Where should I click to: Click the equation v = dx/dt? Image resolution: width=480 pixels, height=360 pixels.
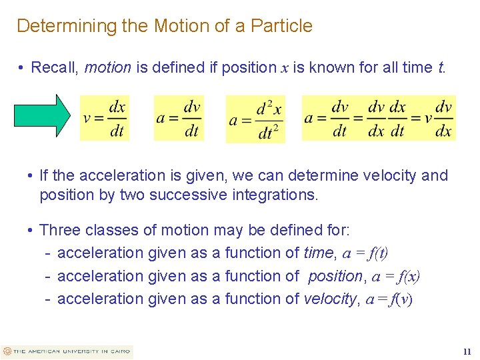click(105, 118)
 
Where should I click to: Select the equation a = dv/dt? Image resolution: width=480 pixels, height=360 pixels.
click(178, 118)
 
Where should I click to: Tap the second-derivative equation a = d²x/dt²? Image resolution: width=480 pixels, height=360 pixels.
click(255, 119)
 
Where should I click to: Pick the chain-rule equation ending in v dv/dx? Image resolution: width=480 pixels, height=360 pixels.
click(378, 118)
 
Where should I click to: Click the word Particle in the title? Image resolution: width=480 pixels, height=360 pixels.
click(279, 26)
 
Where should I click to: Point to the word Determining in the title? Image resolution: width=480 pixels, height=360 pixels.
click(58, 26)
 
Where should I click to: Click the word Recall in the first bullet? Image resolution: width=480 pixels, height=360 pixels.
click(55, 67)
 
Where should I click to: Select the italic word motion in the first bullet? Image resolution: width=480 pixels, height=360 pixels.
click(108, 67)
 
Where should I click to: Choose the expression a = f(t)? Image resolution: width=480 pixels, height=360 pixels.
click(365, 253)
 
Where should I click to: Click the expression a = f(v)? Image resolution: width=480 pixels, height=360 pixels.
click(388, 299)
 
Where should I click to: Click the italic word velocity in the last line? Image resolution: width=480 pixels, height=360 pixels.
click(330, 299)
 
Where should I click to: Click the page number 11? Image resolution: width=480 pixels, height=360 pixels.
click(467, 351)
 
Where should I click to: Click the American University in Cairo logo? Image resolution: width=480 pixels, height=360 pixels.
click(67, 351)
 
